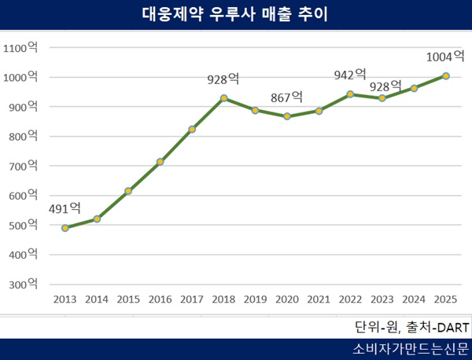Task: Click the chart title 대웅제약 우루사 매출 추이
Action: [x=235, y=14]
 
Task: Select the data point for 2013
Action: [x=65, y=228]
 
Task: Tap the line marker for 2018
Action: [x=223, y=98]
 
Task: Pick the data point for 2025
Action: [x=445, y=76]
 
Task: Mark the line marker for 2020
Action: [x=287, y=116]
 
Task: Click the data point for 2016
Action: [x=160, y=162]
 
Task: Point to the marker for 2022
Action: [x=350, y=94]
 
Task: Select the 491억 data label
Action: [x=65, y=208]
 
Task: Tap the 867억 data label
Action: [x=287, y=97]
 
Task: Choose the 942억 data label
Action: [x=350, y=75]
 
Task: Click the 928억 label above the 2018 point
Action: [x=223, y=79]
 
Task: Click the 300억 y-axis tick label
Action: [x=23, y=284]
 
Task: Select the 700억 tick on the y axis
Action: [x=23, y=166]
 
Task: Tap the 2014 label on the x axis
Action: [x=97, y=299]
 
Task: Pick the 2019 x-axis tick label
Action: [x=255, y=299]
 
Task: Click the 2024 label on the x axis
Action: [x=414, y=299]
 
